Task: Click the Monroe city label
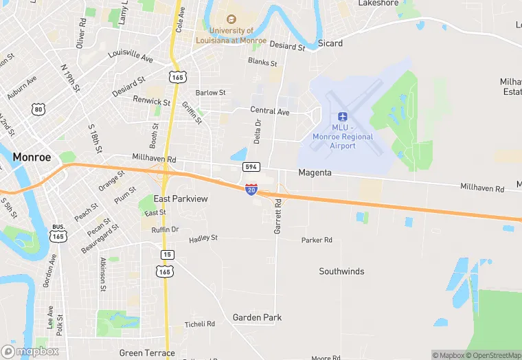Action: pyautogui.click(x=32, y=157)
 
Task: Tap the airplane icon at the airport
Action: pyautogui.click(x=342, y=115)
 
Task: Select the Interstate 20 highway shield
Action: pyautogui.click(x=251, y=189)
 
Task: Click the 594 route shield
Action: pyautogui.click(x=251, y=167)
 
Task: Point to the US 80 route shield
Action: pyautogui.click(x=38, y=109)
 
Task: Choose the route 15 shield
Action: pyautogui.click(x=168, y=255)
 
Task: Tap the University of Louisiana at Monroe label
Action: pyautogui.click(x=232, y=35)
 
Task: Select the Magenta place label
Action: pyautogui.click(x=315, y=173)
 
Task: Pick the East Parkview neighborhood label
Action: pyautogui.click(x=181, y=199)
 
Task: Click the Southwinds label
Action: pyautogui.click(x=341, y=271)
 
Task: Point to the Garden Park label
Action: pyautogui.click(x=257, y=317)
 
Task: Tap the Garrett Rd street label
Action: pyautogui.click(x=278, y=216)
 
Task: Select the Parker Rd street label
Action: pyautogui.click(x=317, y=240)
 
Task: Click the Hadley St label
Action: pyautogui.click(x=203, y=238)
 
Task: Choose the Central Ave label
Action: pyautogui.click(x=270, y=111)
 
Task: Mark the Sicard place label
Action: pyautogui.click(x=330, y=43)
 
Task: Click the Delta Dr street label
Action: pyautogui.click(x=258, y=131)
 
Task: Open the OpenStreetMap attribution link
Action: pyautogui.click(x=492, y=355)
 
